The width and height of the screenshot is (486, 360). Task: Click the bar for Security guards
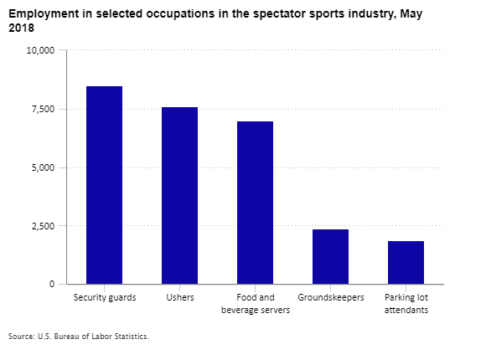[x=104, y=185]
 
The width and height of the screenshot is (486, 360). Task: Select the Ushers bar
[x=180, y=196]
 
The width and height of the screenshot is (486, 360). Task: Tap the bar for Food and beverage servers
[x=255, y=203]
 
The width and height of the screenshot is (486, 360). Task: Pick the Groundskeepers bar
[x=330, y=257]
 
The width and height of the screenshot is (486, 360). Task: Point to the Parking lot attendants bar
[x=406, y=262]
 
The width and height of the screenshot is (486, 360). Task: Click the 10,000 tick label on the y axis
[x=40, y=50]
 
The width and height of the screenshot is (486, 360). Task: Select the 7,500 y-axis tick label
[x=43, y=109]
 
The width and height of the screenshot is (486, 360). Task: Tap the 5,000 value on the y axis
[x=43, y=167]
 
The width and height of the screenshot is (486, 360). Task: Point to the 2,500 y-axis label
[x=43, y=226]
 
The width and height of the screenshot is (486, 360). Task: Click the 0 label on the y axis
[x=52, y=284]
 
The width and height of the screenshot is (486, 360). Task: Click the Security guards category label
[x=105, y=298]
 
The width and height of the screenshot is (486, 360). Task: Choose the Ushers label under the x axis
[x=180, y=297]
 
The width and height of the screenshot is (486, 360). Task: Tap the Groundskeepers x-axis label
[x=331, y=298]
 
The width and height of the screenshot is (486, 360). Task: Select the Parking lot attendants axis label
[x=406, y=304]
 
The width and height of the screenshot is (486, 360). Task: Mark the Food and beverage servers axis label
[x=256, y=304]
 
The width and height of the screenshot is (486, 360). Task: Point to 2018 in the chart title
[x=22, y=28]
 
